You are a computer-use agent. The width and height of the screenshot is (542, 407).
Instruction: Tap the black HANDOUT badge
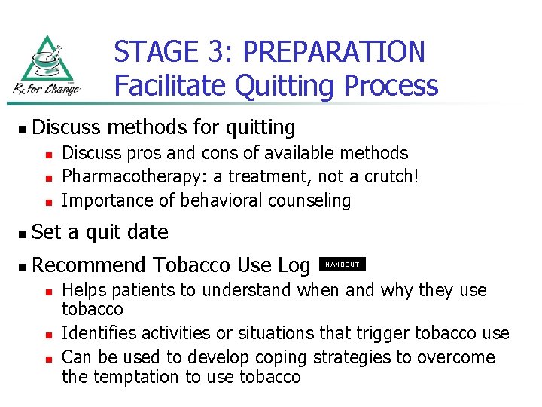point(343,265)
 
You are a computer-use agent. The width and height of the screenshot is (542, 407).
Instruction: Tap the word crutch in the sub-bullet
point(388,176)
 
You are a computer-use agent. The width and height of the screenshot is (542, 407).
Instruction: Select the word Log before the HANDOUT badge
point(294,265)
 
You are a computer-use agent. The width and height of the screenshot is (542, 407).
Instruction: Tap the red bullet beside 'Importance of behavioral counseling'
point(47,202)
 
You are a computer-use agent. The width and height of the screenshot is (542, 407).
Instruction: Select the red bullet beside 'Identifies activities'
point(47,334)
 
